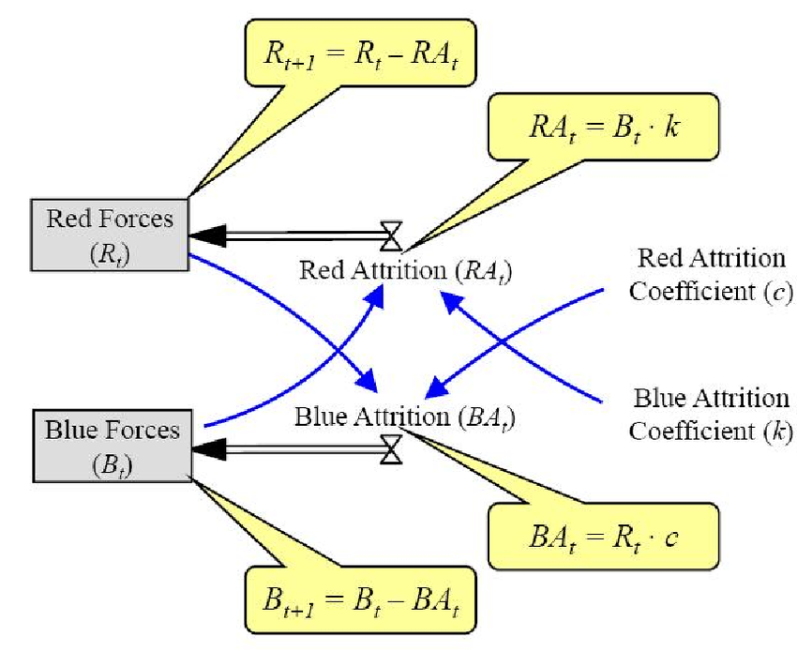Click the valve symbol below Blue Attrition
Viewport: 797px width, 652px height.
(x=390, y=448)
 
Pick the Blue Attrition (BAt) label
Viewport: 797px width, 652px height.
(x=406, y=415)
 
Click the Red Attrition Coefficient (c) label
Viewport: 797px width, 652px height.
(x=711, y=274)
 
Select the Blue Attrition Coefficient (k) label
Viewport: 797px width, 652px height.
(x=711, y=414)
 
